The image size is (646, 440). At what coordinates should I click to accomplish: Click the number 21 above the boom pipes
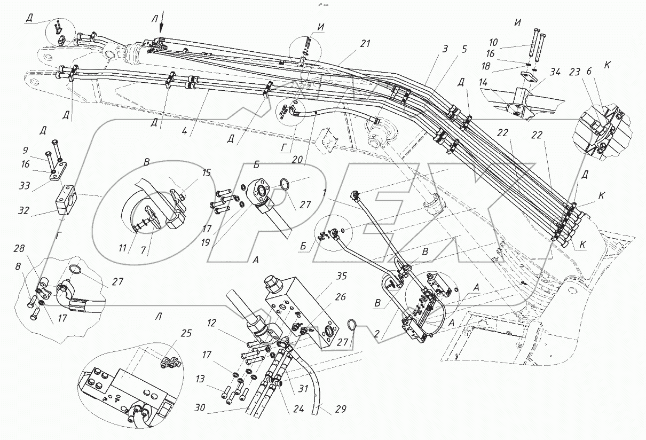(364, 44)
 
